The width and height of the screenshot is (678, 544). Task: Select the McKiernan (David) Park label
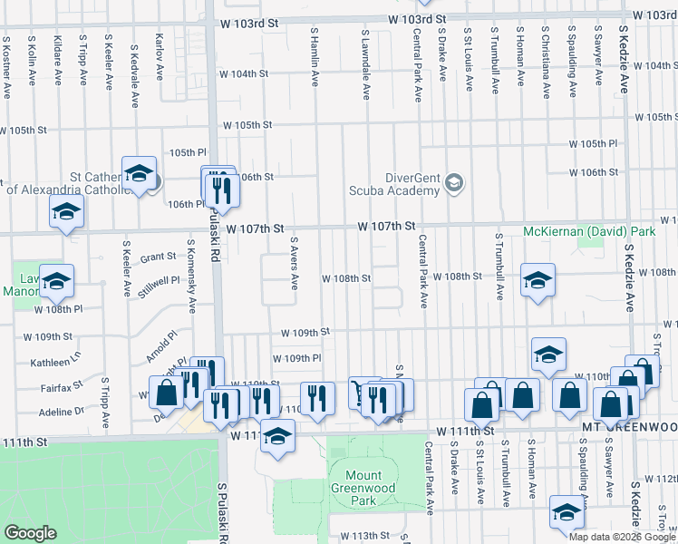pos(589,232)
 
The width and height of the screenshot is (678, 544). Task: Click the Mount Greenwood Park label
pos(363,487)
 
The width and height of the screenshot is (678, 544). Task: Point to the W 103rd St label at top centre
pos(417,18)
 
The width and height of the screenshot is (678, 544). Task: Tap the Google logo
pos(30,533)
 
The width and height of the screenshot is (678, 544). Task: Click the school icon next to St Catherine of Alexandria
pos(139,173)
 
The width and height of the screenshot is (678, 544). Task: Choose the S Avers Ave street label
pos(294,264)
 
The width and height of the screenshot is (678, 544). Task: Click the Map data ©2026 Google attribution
pos(622,537)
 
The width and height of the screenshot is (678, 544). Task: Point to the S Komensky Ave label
pos(192,275)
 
